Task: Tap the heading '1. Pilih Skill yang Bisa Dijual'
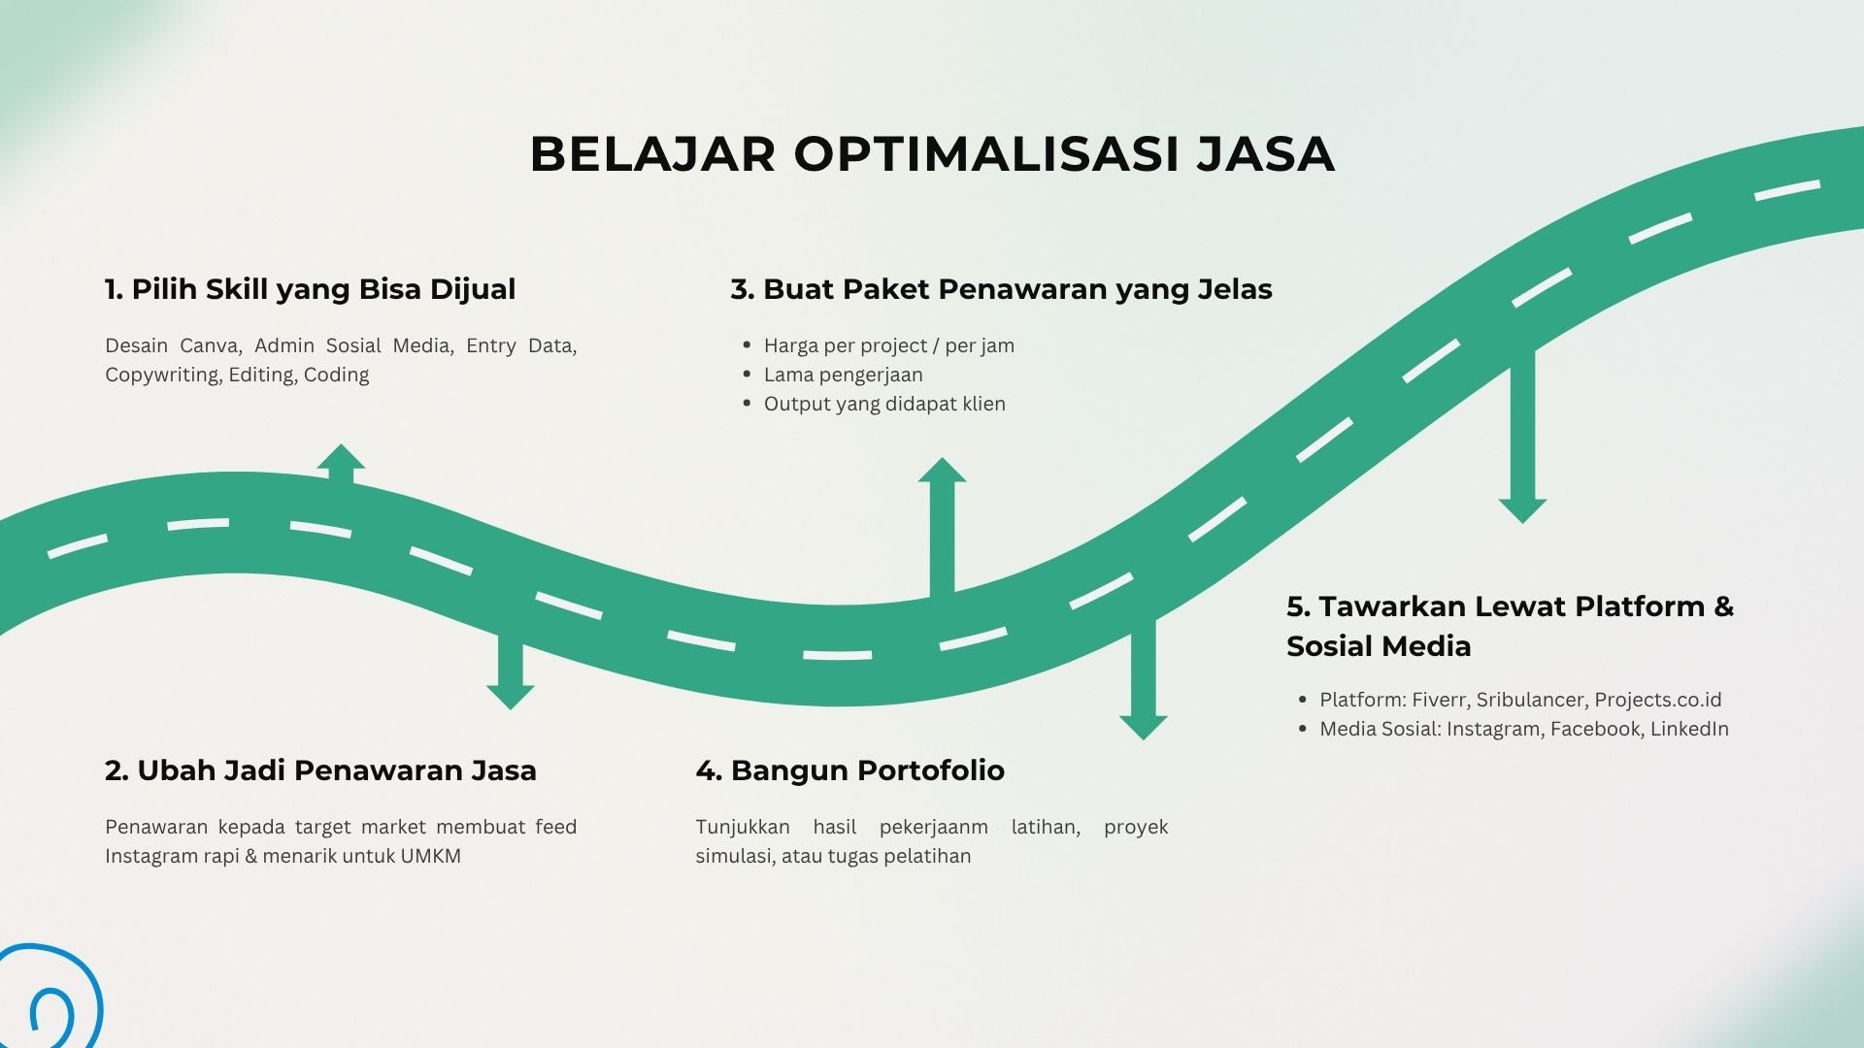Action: (x=311, y=289)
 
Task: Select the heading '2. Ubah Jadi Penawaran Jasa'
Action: (x=320, y=770)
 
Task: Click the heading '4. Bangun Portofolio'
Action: (x=850, y=770)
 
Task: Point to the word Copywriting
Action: (x=162, y=376)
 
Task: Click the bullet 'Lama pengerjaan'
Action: (x=844, y=376)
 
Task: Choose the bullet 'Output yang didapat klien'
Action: (x=884, y=405)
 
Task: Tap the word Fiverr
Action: (x=1439, y=700)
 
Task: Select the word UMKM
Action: (x=430, y=856)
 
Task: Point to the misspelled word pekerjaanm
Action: (x=933, y=828)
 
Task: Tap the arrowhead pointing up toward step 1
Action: (x=341, y=457)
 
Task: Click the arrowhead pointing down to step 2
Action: (x=511, y=698)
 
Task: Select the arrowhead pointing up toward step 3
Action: (x=942, y=470)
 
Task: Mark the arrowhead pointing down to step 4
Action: (x=1144, y=728)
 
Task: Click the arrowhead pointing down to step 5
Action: (x=1522, y=511)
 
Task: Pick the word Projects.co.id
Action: (x=1658, y=700)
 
